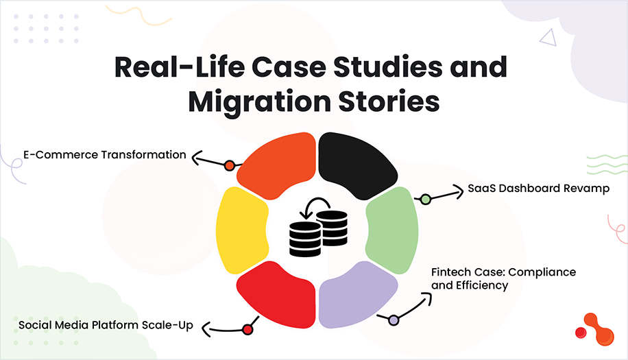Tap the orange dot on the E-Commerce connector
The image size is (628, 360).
coord(230,165)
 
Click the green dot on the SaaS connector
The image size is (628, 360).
coord(425,200)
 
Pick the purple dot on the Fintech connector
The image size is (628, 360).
coord(394,320)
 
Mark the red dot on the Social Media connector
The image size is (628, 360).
coord(247,330)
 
